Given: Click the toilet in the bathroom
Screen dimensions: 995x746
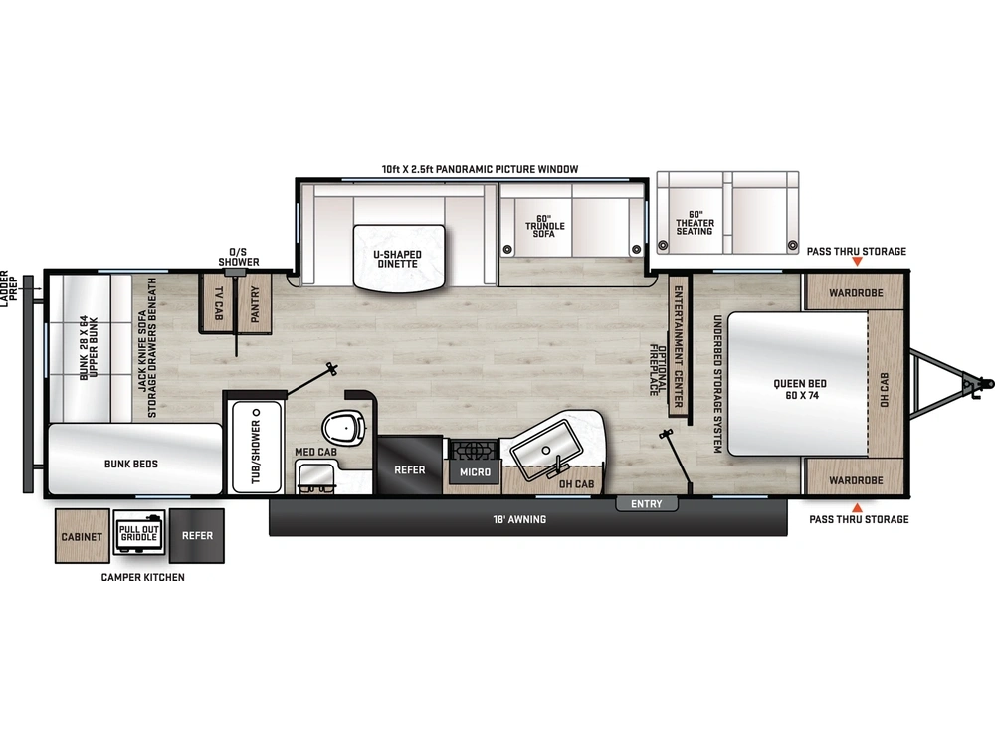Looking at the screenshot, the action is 344,428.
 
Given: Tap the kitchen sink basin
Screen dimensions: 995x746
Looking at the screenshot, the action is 546,450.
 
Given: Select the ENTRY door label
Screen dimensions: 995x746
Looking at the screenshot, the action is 646,503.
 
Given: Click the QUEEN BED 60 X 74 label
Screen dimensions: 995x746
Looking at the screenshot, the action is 800,389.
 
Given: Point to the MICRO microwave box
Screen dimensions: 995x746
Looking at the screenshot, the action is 475,471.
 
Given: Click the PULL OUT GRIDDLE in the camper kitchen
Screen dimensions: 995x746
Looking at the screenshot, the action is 139,533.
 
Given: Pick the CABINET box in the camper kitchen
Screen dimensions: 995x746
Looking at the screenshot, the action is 82,536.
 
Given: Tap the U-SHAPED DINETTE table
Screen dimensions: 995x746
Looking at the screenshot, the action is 399,259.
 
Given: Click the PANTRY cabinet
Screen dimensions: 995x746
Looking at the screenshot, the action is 255,303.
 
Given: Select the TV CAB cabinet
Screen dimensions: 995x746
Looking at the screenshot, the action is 218,303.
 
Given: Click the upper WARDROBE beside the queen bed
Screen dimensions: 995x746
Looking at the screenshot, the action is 855,292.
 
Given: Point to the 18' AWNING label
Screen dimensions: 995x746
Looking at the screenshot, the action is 519,519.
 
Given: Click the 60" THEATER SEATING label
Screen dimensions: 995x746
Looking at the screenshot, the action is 695,223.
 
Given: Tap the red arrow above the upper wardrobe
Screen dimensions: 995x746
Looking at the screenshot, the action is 857,261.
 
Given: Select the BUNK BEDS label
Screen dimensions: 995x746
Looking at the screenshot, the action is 130,464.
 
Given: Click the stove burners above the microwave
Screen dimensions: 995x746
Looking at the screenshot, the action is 474,450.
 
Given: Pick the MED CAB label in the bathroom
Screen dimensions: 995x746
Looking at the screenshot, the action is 315,452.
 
